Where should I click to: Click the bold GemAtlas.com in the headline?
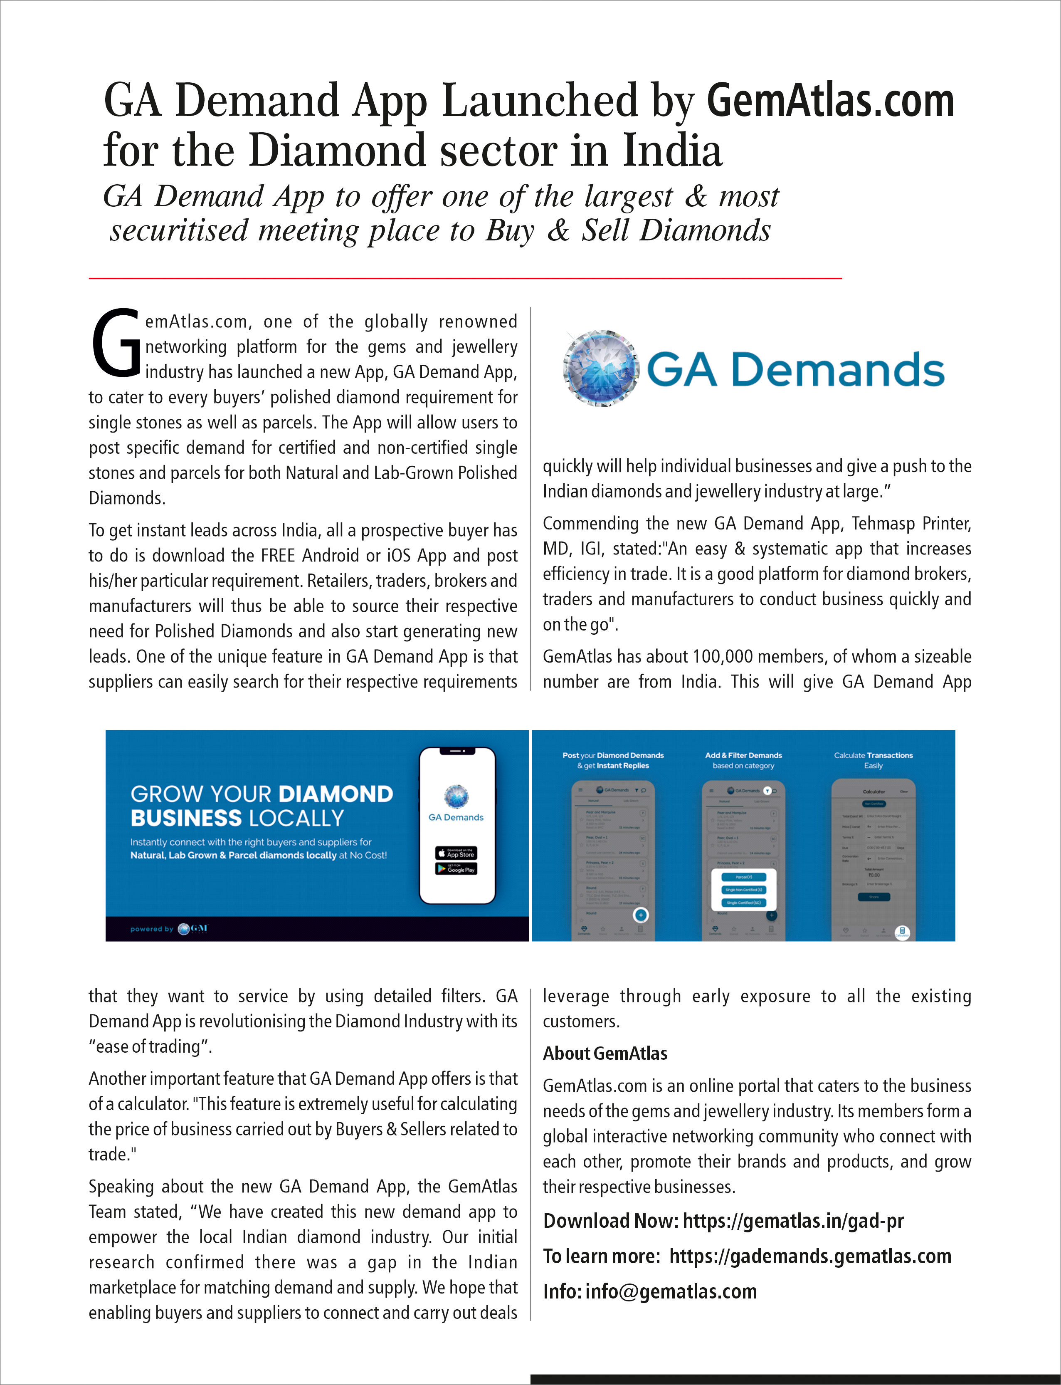pyautogui.click(x=830, y=101)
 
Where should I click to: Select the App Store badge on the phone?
pyautogui.click(x=456, y=853)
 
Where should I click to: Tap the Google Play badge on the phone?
pyautogui.click(x=456, y=869)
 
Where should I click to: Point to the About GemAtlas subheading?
pyautogui.click(x=605, y=1053)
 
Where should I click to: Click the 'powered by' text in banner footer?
pyautogui.click(x=152, y=929)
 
